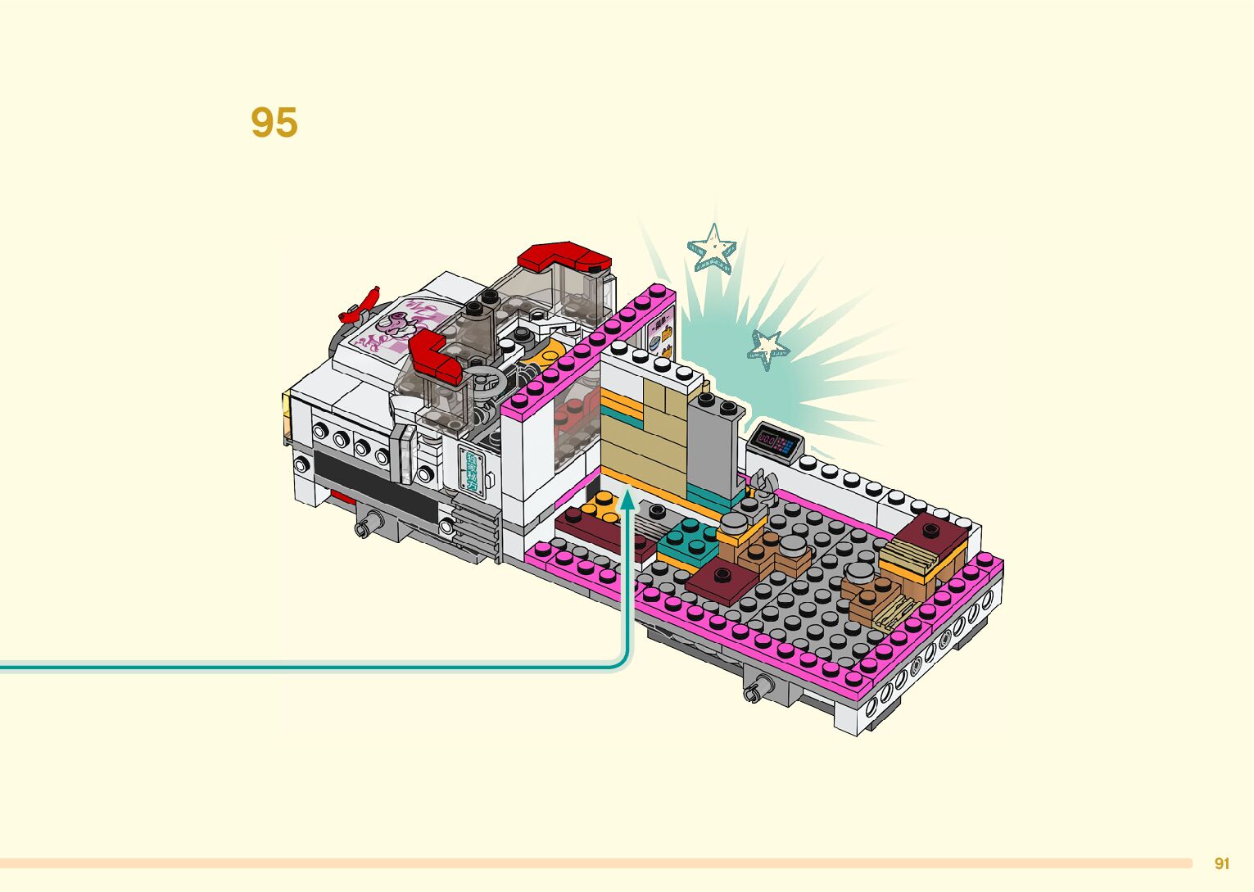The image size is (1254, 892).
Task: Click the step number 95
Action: point(274,123)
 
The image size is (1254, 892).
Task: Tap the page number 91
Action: point(1222,863)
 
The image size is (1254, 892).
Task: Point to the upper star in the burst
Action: point(712,247)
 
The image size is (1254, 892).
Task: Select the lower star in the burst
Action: point(767,349)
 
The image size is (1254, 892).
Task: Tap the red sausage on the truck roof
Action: point(361,305)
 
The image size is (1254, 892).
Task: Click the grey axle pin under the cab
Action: point(373,522)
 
